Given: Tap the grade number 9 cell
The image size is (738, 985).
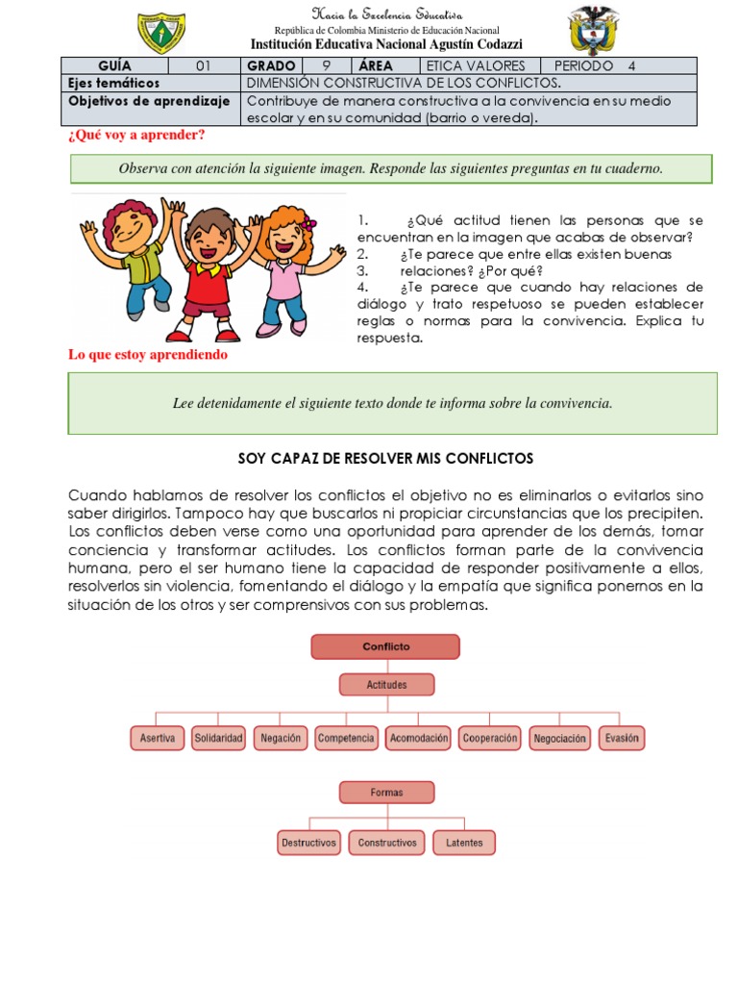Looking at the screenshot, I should pyautogui.click(x=326, y=66).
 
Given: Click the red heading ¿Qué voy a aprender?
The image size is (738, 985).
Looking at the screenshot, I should pyautogui.click(x=135, y=135).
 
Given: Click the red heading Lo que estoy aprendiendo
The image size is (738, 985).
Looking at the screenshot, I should pyautogui.click(x=147, y=355).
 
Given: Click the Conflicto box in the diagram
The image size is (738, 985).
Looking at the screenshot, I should pyautogui.click(x=386, y=647).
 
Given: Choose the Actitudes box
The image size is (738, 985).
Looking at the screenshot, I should pyautogui.click(x=386, y=685).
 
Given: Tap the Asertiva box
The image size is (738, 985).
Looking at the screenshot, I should pyautogui.click(x=157, y=738).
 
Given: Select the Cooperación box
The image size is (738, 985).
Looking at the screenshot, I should pyautogui.click(x=490, y=738).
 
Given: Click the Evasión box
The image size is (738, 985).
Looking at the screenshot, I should pyautogui.click(x=621, y=738).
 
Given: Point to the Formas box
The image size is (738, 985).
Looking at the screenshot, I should pyautogui.click(x=386, y=793).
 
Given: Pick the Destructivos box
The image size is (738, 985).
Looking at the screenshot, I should pyautogui.click(x=308, y=843).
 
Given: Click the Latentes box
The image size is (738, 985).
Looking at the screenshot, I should pyautogui.click(x=464, y=843).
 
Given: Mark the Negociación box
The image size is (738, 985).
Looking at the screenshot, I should pyautogui.click(x=559, y=738).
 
